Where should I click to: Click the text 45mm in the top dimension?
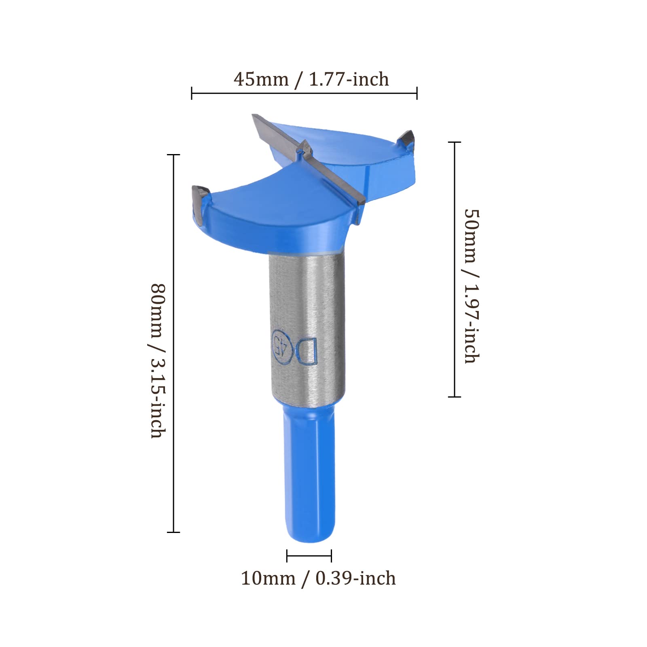coord(261,79)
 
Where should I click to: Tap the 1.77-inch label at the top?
coord(349,79)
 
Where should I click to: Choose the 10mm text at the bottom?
coord(268,578)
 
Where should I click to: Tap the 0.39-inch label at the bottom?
coord(355,578)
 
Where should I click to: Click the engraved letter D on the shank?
coord(307,350)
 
